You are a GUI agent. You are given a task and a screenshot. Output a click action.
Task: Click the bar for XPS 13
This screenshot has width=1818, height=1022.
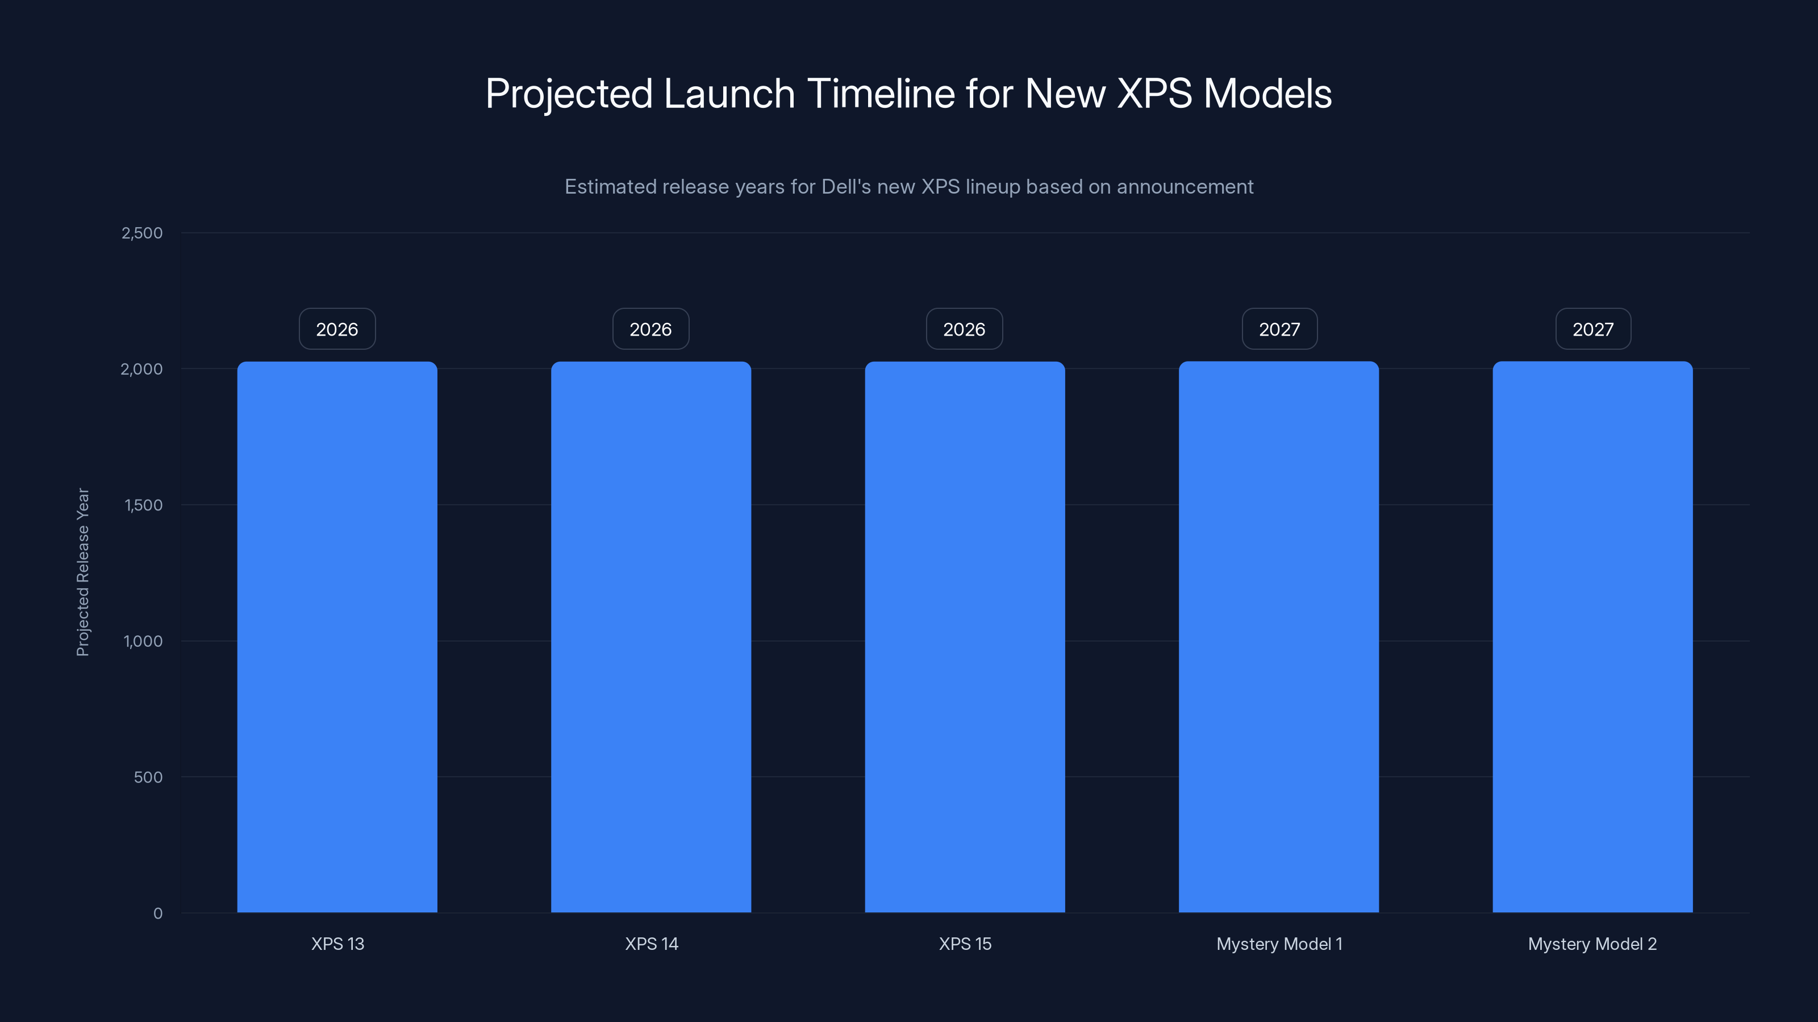pyautogui.click(x=337, y=637)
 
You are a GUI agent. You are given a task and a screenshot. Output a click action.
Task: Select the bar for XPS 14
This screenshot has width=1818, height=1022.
pyautogui.click(x=651, y=637)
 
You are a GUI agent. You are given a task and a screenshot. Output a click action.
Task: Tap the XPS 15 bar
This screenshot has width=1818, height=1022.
pyautogui.click(x=965, y=637)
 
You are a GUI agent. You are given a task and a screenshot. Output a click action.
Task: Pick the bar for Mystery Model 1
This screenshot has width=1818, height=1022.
pyautogui.click(x=1278, y=637)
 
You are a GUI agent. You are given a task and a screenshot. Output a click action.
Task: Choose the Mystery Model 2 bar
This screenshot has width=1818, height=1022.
pyautogui.click(x=1592, y=637)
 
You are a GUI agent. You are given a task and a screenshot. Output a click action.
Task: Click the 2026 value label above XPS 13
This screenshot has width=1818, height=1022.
pyautogui.click(x=337, y=329)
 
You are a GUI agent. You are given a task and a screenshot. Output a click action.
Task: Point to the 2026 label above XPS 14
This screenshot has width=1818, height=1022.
pyautogui.click(x=651, y=329)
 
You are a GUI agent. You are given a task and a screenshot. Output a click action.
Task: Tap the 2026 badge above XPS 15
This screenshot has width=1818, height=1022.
pyautogui.click(x=964, y=329)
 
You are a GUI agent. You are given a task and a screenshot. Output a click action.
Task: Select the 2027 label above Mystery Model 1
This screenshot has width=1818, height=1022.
pyautogui.click(x=1279, y=329)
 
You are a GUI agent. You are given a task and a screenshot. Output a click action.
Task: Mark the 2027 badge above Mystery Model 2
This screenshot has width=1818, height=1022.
pyautogui.click(x=1593, y=329)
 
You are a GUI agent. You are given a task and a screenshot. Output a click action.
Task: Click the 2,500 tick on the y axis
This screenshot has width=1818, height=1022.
pyautogui.click(x=142, y=233)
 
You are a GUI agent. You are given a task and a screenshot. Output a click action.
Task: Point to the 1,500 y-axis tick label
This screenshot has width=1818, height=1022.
pyautogui.click(x=143, y=505)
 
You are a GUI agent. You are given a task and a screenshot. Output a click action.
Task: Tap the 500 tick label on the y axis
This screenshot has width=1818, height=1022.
pyautogui.click(x=148, y=777)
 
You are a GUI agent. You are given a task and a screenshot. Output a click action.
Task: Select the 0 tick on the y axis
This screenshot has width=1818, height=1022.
pyautogui.click(x=157, y=914)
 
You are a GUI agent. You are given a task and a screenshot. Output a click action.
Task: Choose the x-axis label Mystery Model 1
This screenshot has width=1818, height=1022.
pyautogui.click(x=1279, y=944)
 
